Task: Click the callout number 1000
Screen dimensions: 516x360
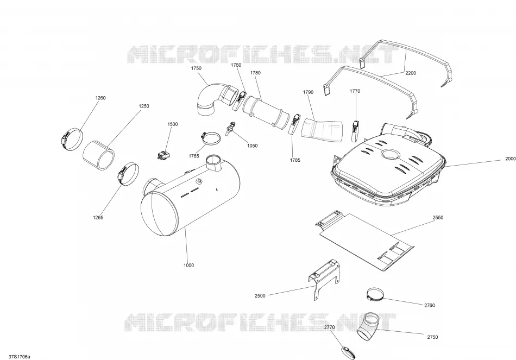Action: (x=188, y=265)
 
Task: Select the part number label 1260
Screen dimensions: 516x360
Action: (x=100, y=98)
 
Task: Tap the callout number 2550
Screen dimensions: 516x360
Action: (x=438, y=218)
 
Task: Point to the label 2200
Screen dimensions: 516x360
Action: (x=411, y=73)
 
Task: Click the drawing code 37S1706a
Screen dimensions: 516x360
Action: (x=20, y=357)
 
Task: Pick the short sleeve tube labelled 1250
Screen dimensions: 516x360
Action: (x=98, y=155)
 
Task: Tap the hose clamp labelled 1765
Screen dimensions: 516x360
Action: (x=210, y=137)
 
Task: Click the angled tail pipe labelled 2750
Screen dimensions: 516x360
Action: (x=368, y=327)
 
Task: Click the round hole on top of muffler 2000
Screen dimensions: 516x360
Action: (x=390, y=154)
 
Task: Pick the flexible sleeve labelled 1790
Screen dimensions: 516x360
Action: (x=322, y=130)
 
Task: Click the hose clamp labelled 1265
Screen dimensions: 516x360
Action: (x=128, y=174)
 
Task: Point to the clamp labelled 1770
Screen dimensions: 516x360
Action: (x=355, y=129)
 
